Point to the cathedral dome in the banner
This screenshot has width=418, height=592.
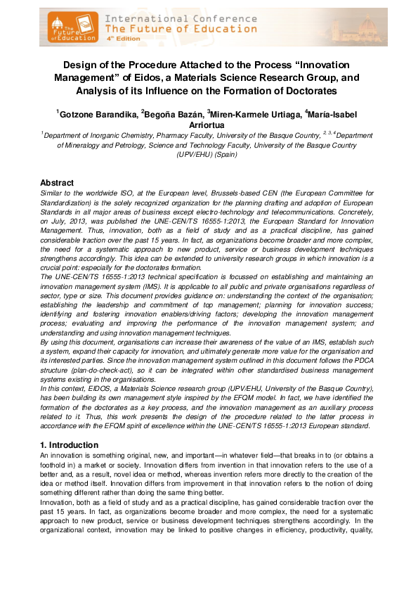[x=370, y=27]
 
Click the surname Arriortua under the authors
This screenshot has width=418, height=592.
[x=209, y=124]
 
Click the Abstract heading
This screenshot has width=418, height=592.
[x=58, y=182]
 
